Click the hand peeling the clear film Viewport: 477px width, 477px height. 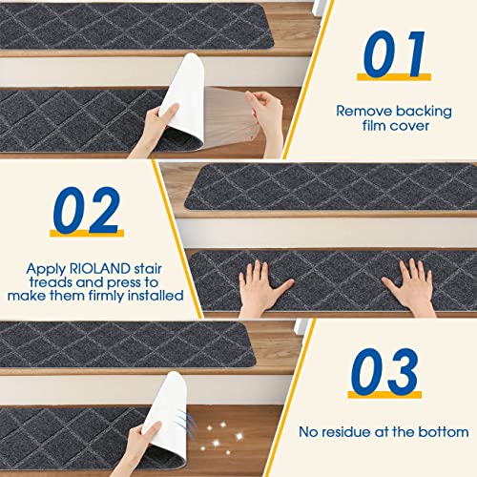point(268,106)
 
